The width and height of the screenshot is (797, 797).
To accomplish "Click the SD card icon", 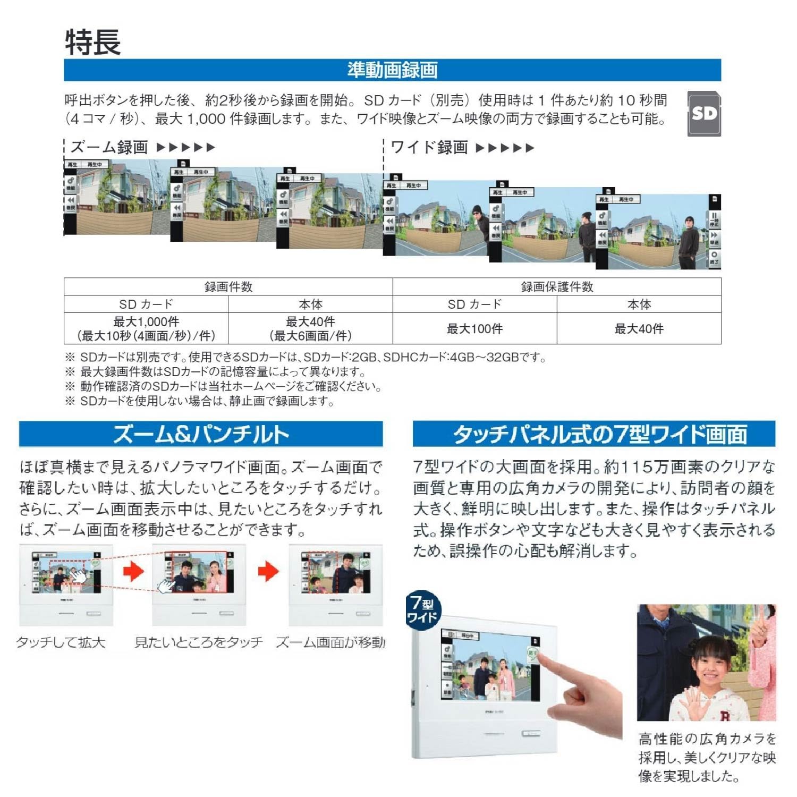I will (x=704, y=114).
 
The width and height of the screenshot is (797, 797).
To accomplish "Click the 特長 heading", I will (x=93, y=42).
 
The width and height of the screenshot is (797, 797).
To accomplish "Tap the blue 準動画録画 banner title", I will (x=392, y=70).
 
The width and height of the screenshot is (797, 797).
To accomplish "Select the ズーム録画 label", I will (x=109, y=147).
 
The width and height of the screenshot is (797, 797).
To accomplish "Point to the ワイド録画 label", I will (x=429, y=147).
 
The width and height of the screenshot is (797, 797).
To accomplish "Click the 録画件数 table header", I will (x=228, y=287).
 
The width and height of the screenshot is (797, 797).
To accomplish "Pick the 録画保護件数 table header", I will (x=557, y=287).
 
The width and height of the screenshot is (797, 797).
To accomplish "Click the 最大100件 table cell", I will (x=474, y=329).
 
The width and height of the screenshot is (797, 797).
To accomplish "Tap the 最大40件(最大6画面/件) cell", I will (x=310, y=328).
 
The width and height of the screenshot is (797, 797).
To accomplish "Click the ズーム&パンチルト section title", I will (x=201, y=434).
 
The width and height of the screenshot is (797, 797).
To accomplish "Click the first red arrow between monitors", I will (x=133, y=571).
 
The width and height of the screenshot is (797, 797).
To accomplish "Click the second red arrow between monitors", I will (x=268, y=571).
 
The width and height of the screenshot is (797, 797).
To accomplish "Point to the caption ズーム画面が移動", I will (x=330, y=642).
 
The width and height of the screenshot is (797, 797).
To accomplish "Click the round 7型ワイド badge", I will (x=423, y=610).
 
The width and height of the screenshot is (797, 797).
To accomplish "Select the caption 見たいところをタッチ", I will (x=199, y=642).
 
